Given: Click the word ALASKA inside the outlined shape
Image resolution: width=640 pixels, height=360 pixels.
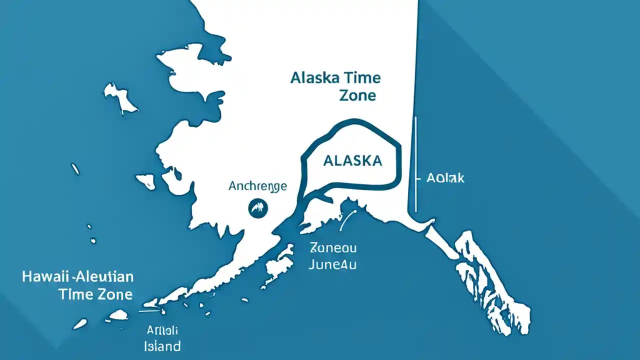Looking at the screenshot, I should [x=352, y=160].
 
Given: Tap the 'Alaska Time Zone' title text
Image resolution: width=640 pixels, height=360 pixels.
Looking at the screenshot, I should [x=335, y=86].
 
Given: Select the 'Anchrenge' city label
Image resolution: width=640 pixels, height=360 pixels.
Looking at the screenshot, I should [x=257, y=186].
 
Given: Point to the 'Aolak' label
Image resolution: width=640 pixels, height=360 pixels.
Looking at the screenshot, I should [x=445, y=178].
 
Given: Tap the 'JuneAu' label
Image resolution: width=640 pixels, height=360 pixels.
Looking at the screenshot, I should [x=332, y=264].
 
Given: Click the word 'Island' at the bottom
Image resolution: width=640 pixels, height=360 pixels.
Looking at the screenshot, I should [x=162, y=345].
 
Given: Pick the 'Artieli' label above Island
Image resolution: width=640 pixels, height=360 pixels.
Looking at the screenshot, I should [x=162, y=330].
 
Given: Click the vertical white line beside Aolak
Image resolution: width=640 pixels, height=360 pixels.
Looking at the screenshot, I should [x=415, y=165].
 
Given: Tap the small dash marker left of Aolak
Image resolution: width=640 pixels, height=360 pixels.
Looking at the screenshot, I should [x=416, y=178].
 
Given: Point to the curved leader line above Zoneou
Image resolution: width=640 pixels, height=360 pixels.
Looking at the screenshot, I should [x=347, y=220].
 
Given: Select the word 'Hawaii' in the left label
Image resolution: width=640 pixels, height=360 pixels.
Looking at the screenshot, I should [x=45, y=276].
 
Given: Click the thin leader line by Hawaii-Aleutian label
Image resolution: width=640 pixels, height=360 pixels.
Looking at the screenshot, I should [x=150, y=311].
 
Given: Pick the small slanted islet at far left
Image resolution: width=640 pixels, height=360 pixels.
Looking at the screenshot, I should [x=75, y=169].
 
